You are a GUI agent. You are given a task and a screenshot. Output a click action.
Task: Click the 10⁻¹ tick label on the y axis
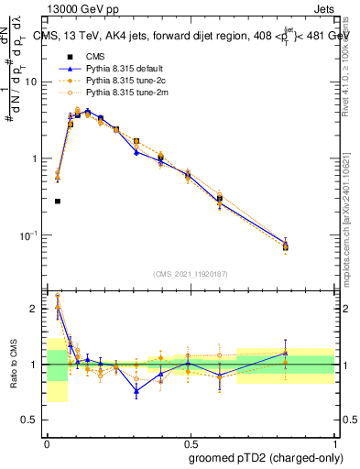[x=31, y=235]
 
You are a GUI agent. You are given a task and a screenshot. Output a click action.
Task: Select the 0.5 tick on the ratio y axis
[x=33, y=420]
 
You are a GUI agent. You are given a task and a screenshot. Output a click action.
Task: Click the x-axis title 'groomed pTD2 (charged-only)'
[x=260, y=458]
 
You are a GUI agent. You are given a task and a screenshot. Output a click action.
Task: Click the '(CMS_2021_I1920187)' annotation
[x=191, y=273]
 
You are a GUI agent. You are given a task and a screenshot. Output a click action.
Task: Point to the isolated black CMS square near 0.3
[x=58, y=201]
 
